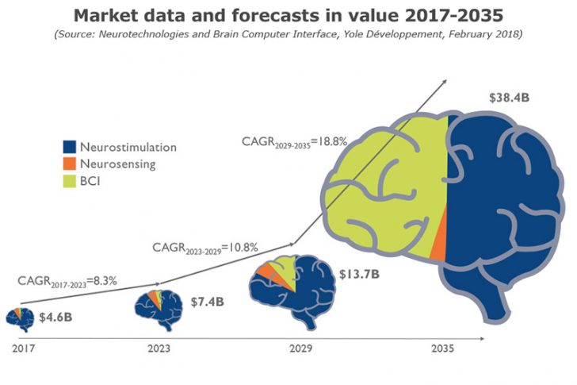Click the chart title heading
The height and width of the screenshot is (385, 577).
tap(288, 15)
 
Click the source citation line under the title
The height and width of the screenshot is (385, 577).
tap(288, 35)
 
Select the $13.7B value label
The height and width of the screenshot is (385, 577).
tap(359, 275)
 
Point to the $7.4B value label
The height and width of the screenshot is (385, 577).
tap(208, 302)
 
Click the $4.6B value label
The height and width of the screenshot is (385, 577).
tap(56, 317)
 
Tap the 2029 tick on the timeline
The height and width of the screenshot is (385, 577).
tap(300, 348)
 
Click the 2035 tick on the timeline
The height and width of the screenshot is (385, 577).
tap(441, 348)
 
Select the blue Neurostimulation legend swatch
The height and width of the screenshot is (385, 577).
tap(70, 147)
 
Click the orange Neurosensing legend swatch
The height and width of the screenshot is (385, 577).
tap(70, 164)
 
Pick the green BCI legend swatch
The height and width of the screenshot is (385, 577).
tap(70, 182)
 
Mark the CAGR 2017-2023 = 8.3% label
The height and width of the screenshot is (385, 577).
tap(67, 281)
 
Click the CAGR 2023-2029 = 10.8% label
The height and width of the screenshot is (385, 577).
tap(205, 248)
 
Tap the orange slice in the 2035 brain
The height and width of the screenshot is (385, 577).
tap(440, 238)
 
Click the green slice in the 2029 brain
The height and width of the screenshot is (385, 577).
tap(288, 271)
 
